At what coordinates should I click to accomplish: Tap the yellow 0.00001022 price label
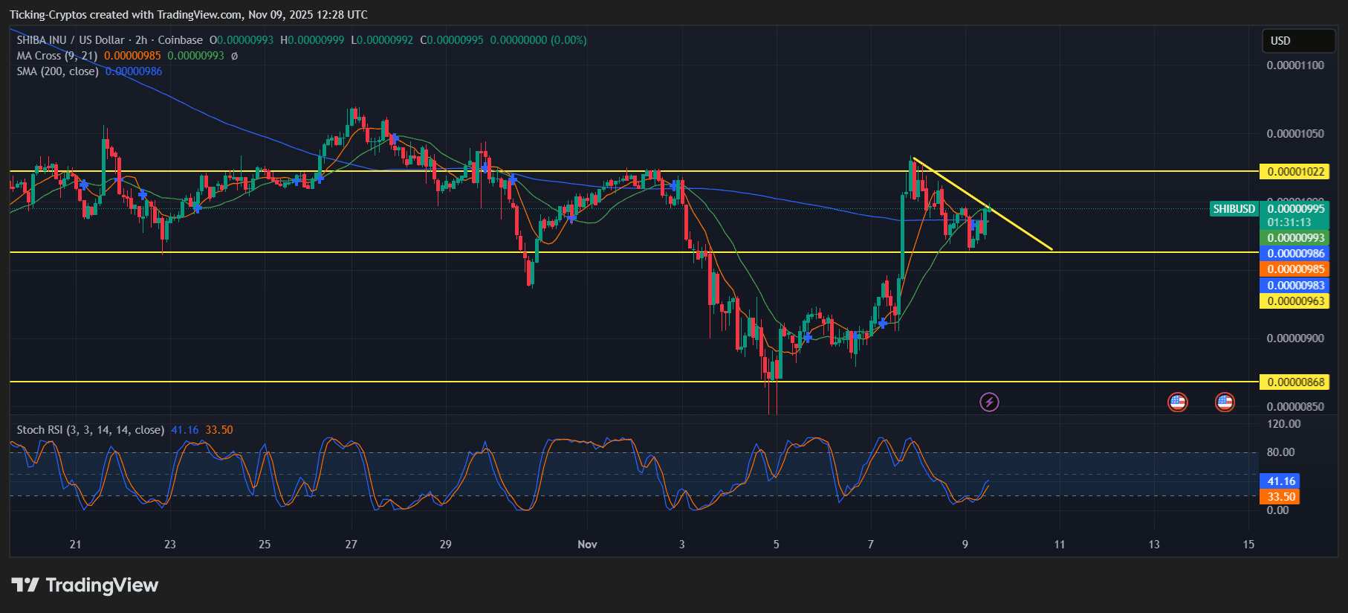[1295, 172]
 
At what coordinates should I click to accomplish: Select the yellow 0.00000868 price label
[1295, 382]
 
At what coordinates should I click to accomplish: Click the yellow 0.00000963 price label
[1295, 301]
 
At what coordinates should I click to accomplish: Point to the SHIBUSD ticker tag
[1234, 209]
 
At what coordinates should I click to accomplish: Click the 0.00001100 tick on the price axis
[1294, 65]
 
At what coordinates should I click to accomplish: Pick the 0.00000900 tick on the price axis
[1294, 338]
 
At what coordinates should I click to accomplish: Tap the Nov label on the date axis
[587, 545]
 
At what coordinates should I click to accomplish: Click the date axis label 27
[351, 545]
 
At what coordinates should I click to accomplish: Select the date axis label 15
[1248, 545]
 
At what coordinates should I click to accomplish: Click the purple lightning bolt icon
[989, 402]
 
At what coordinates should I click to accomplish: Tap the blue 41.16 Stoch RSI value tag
[1280, 481]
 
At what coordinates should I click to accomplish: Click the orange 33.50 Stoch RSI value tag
[1280, 497]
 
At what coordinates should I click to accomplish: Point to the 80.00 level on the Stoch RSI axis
[1280, 452]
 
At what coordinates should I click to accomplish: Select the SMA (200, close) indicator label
[58, 71]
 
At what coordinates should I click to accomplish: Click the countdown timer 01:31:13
[1289, 222]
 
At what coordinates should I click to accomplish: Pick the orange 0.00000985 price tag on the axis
[1295, 269]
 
